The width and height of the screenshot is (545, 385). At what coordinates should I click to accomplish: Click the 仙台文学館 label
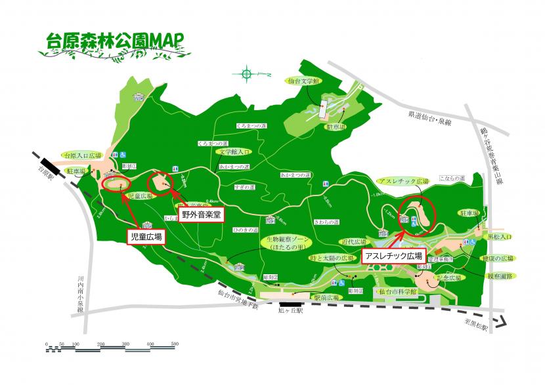click(303, 81)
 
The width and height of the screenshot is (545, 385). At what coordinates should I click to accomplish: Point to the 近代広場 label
click(352, 241)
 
